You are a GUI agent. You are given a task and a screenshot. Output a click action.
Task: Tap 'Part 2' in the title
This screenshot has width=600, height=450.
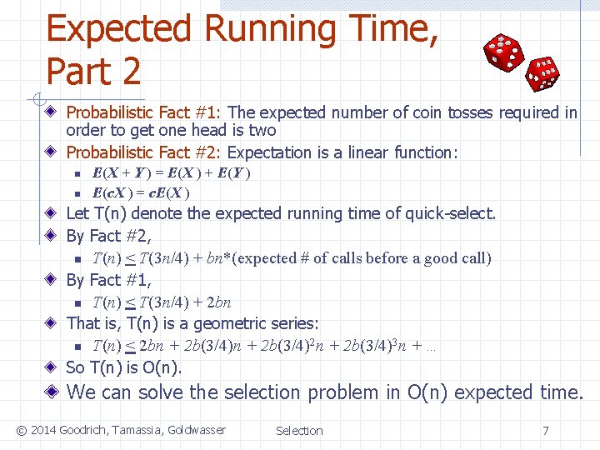pyautogui.click(x=93, y=72)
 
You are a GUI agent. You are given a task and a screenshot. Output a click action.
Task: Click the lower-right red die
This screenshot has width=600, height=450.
pyautogui.click(x=543, y=73)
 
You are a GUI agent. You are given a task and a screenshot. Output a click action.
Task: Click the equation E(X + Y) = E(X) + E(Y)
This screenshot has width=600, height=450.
pyautogui.click(x=172, y=173)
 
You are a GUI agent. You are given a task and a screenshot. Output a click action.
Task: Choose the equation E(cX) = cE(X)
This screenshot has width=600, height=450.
pyautogui.click(x=141, y=192)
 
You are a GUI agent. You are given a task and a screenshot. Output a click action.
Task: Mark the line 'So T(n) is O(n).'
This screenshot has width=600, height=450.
pyautogui.click(x=123, y=367)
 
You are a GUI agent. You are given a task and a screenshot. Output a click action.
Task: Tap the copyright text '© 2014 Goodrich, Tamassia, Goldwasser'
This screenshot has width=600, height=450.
pyautogui.click(x=120, y=430)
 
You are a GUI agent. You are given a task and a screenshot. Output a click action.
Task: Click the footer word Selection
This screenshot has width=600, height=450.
pyautogui.click(x=299, y=431)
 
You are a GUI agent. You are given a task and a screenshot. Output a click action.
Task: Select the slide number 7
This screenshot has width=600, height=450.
pyautogui.click(x=545, y=431)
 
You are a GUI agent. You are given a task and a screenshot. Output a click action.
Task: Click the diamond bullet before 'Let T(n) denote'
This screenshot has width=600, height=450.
pyautogui.click(x=52, y=214)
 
